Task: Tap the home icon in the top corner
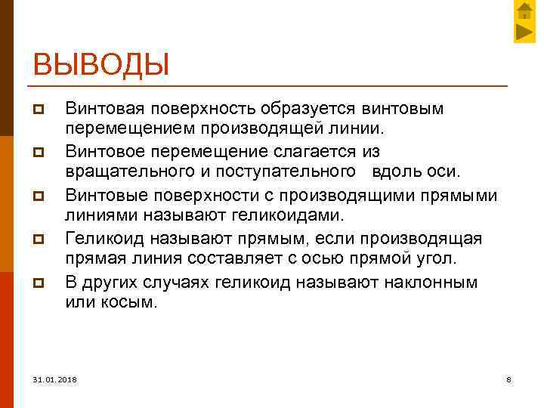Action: (x=524, y=11)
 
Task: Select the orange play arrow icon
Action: (x=524, y=32)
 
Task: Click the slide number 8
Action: (x=508, y=379)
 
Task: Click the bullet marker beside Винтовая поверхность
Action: (x=39, y=110)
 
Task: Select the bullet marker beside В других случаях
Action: (x=39, y=283)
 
